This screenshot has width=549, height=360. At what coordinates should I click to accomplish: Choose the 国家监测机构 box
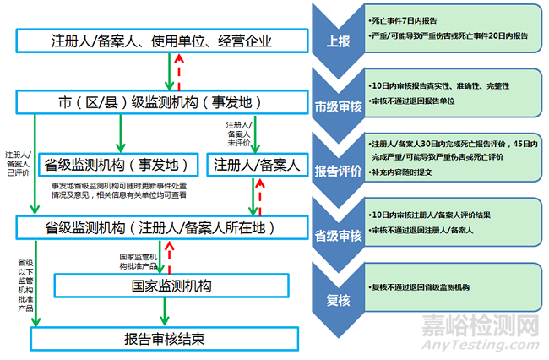pos(168,285)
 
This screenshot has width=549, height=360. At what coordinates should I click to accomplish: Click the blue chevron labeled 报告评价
pos(333,165)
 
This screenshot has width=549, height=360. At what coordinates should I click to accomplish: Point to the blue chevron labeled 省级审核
pos(333,228)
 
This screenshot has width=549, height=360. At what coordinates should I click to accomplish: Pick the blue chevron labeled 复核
pos(333,287)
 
